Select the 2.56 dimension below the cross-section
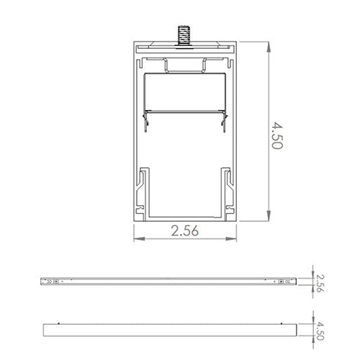pyautogui.click(x=185, y=231)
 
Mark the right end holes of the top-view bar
pyautogui.click(x=284, y=280)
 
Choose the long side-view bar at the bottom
pyautogui.click(x=169, y=330)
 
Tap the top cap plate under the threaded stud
pyautogui.click(x=185, y=48)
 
